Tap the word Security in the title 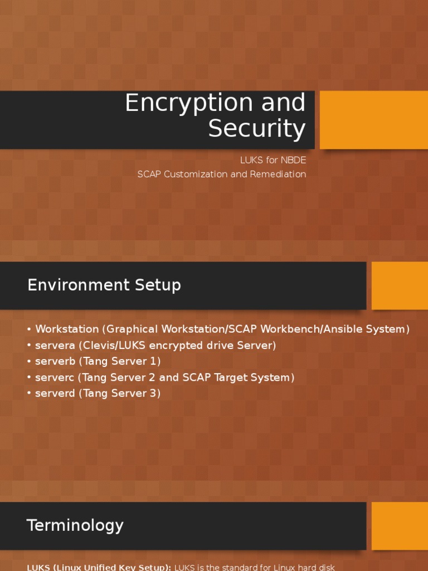pyautogui.click(x=257, y=129)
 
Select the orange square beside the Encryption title pyautogui.click(x=373, y=120)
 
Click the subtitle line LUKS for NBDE pyautogui.click(x=273, y=160)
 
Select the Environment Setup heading pyautogui.click(x=104, y=285)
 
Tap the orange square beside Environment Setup pyautogui.click(x=400, y=285)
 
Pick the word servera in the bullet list pyautogui.click(x=54, y=345)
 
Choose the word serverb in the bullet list pyautogui.click(x=54, y=361)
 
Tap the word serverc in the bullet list pyautogui.click(x=54, y=378)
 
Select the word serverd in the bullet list pyautogui.click(x=54, y=394)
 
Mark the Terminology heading pyautogui.click(x=75, y=525)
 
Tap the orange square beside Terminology pyautogui.click(x=400, y=526)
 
